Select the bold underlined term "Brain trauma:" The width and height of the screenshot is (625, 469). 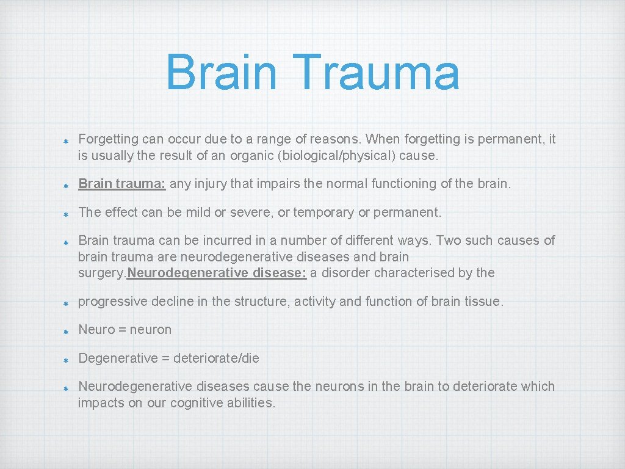pos(122,183)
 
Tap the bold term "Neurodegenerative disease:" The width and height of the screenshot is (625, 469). pos(217,272)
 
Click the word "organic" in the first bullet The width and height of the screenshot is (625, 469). pos(251,156)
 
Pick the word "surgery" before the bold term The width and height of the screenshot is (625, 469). pos(100,273)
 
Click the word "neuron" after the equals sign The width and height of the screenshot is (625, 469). pos(151,330)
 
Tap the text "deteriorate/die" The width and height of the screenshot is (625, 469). pos(216,358)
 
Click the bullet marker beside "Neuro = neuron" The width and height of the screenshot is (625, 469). pos(66,330)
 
